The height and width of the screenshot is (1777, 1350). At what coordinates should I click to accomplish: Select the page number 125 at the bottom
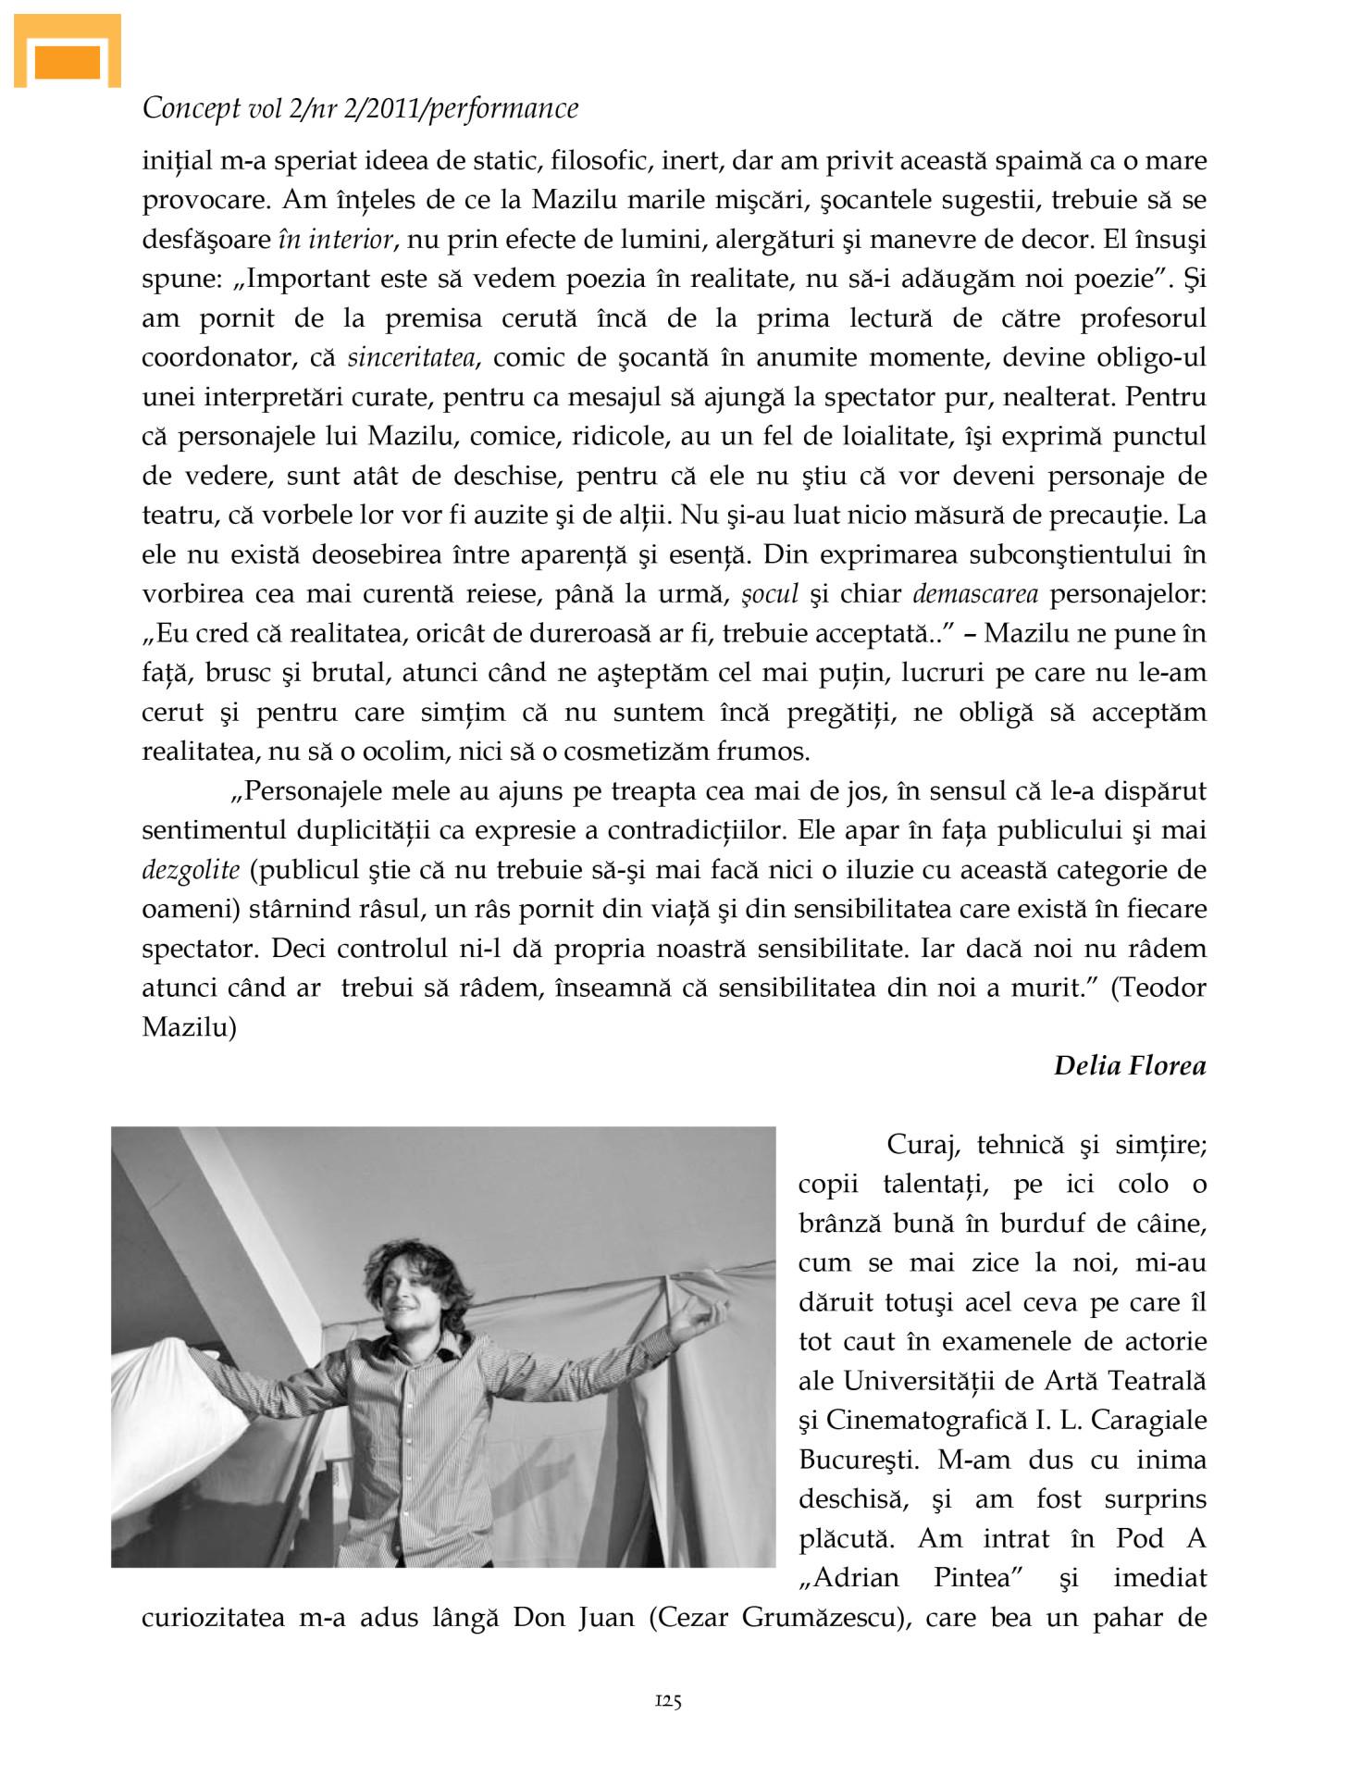668,1700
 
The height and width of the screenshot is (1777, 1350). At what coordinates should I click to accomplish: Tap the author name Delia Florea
1130,1066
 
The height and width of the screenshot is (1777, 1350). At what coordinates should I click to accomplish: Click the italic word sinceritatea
411,358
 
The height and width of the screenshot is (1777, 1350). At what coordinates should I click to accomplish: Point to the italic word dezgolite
191,871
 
